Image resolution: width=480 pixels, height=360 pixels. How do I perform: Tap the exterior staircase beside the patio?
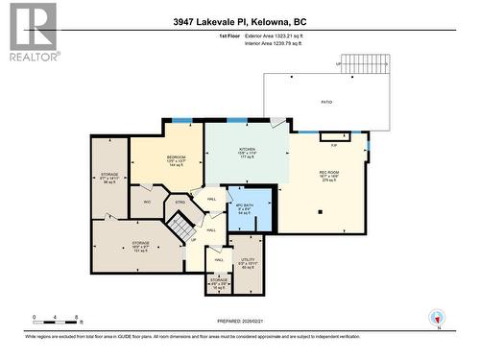click(x=366, y=64)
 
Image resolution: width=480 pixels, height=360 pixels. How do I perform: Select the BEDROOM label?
click(x=176, y=157)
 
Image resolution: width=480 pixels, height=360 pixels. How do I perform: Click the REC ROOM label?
click(x=329, y=175)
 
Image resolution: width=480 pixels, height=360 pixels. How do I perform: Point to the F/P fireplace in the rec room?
click(x=334, y=145)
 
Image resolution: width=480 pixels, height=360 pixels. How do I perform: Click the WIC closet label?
click(x=147, y=202)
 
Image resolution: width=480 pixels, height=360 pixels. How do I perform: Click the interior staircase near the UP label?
click(x=181, y=228)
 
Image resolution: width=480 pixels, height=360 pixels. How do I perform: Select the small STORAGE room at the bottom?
click(x=220, y=282)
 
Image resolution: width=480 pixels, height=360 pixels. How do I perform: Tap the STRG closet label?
click(x=179, y=203)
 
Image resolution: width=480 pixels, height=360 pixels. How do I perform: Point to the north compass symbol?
click(x=439, y=317)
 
